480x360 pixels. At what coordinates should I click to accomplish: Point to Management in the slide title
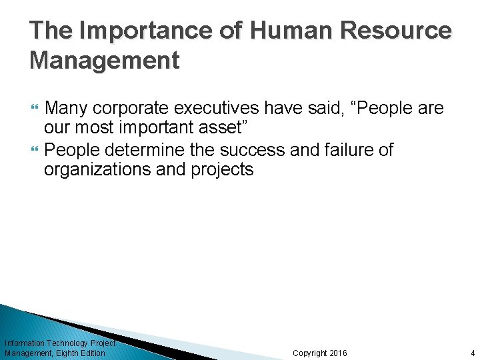pyautogui.click(x=105, y=61)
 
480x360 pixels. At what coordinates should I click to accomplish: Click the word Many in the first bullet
pyautogui.click(x=67, y=108)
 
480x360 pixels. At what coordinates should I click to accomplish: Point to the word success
pyautogui.click(x=255, y=150)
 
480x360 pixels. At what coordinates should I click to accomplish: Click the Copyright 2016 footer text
pyautogui.click(x=320, y=353)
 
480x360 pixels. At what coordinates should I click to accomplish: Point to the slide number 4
pyautogui.click(x=472, y=353)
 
